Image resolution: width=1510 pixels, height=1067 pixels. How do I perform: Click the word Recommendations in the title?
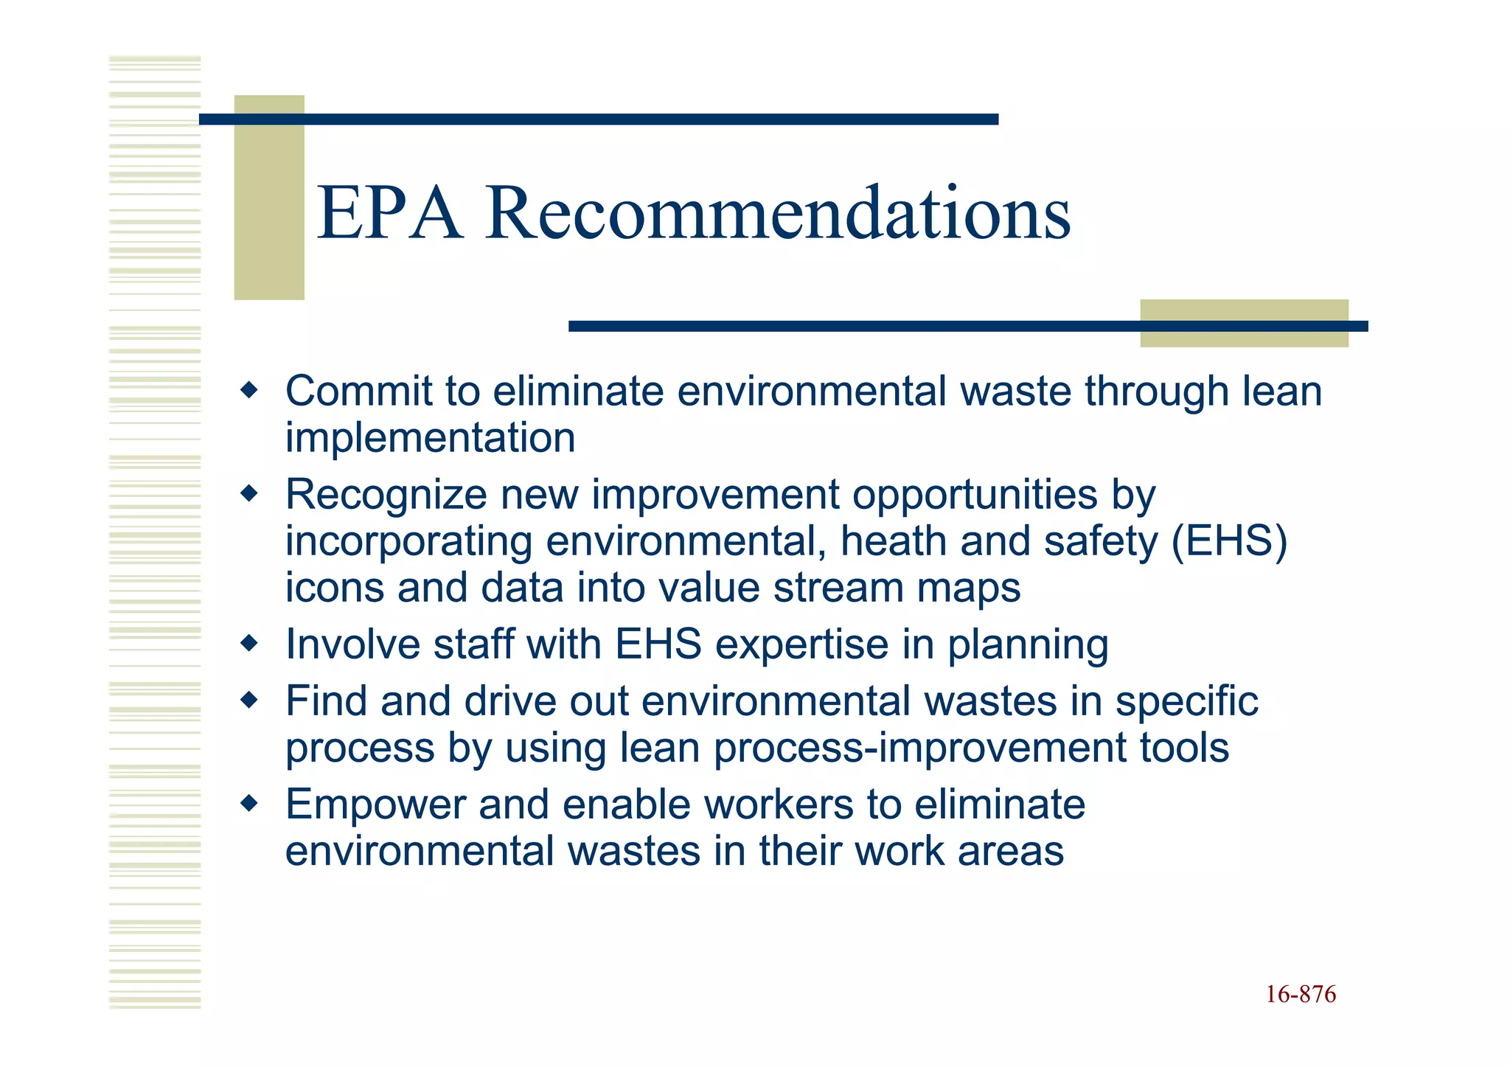777,215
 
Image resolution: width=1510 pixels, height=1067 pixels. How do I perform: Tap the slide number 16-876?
1301,995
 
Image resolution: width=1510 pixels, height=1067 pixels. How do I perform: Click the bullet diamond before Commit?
250,389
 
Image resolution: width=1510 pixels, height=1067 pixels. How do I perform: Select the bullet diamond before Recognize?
250,493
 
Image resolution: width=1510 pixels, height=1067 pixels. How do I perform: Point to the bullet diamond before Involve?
250,643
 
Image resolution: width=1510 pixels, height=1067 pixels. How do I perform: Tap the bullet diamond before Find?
250,700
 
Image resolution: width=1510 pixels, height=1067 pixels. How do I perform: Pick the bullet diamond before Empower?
250,803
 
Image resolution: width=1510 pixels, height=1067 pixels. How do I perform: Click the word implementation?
430,439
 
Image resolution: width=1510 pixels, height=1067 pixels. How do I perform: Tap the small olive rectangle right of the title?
1244,323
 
